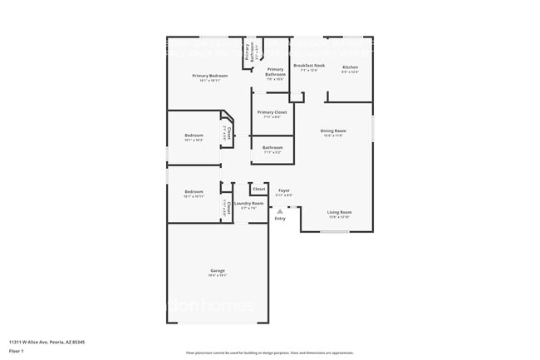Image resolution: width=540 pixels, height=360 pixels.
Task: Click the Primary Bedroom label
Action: [x=209, y=76]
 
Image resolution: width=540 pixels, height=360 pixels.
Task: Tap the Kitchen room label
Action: [x=350, y=67]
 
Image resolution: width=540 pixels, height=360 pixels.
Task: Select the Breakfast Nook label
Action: [x=308, y=65]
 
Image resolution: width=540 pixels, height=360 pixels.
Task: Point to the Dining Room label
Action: [x=333, y=131]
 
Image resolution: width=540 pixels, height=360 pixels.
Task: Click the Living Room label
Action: [x=339, y=212]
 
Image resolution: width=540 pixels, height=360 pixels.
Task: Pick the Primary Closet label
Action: [x=272, y=112]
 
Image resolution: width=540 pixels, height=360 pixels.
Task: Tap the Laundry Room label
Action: [x=248, y=203]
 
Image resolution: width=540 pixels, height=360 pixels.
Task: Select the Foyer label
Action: [x=284, y=190]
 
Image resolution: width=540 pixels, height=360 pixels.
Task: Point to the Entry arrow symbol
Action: [x=280, y=211]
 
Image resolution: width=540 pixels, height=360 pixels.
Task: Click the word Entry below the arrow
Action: [x=280, y=219]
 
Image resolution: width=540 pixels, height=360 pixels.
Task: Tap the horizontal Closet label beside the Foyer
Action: [x=259, y=190]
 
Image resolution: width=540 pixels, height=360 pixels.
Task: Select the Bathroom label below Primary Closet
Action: [x=272, y=147]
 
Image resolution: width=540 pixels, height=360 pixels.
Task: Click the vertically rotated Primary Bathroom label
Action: [x=248, y=51]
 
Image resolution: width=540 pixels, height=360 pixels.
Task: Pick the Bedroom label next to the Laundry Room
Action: [x=194, y=191]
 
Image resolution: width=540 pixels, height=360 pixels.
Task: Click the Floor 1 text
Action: [x=17, y=351]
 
